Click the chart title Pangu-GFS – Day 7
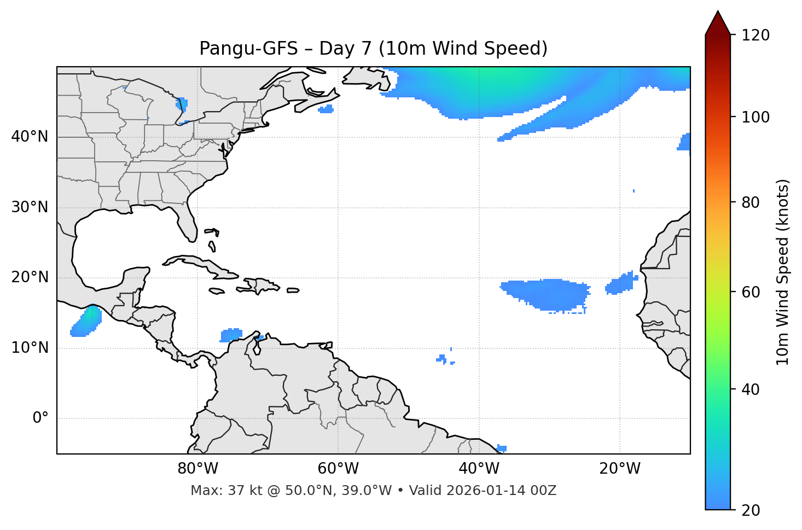point(373,49)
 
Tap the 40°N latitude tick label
point(30,137)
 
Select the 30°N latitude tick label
point(30,207)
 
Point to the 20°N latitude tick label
point(30,277)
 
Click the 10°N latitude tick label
point(30,348)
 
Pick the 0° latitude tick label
point(40,418)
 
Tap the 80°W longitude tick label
point(197,469)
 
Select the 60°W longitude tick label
point(338,469)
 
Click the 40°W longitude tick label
point(479,469)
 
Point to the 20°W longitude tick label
point(619,469)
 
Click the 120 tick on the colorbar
point(755,36)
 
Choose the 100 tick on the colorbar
point(755,117)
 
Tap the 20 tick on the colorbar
point(750,510)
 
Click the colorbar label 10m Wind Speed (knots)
point(783,272)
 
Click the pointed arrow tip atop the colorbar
point(718,13)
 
